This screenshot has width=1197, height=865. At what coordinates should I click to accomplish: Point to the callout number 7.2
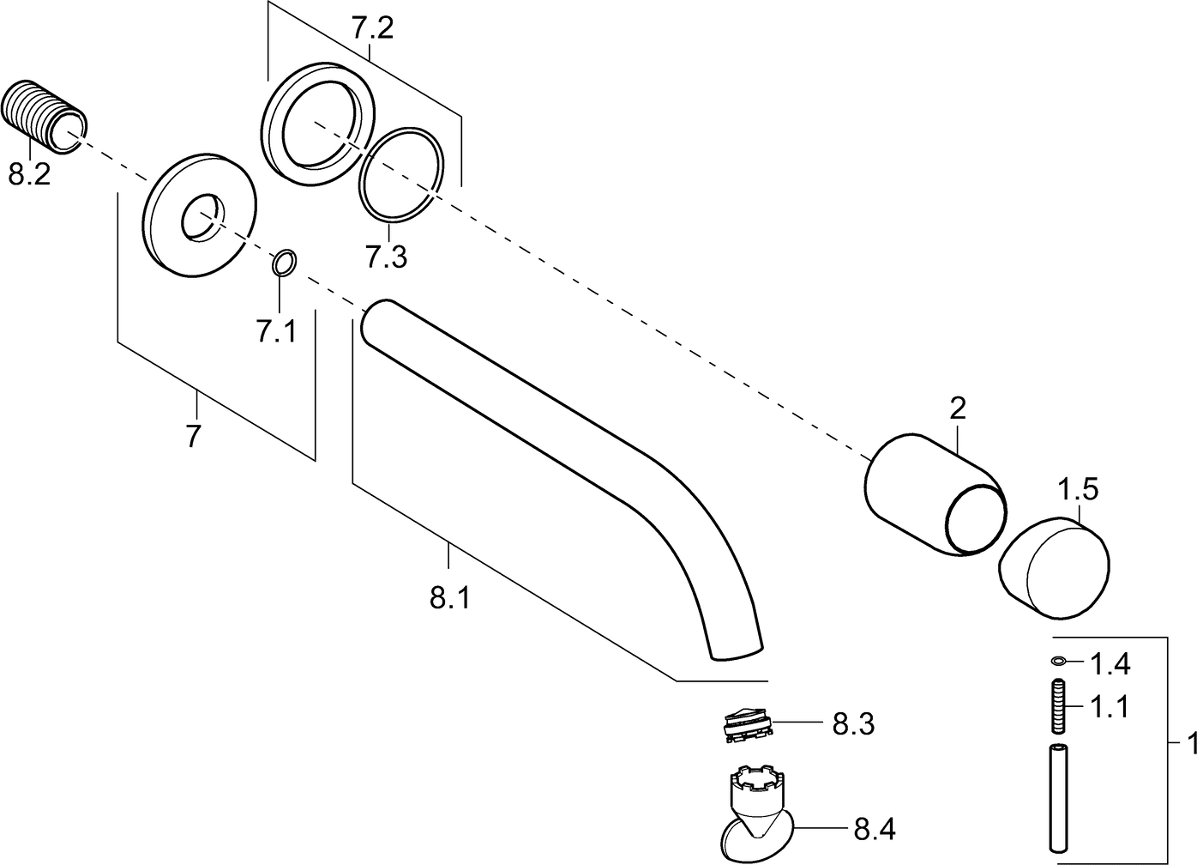[x=372, y=30]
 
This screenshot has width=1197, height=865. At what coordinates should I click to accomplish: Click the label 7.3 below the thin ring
[x=386, y=256]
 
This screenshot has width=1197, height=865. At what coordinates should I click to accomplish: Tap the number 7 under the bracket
[x=194, y=436]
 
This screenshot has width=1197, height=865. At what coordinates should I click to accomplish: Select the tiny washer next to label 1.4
[x=1059, y=661]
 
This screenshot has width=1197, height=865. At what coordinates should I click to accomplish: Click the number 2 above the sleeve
[x=958, y=408]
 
